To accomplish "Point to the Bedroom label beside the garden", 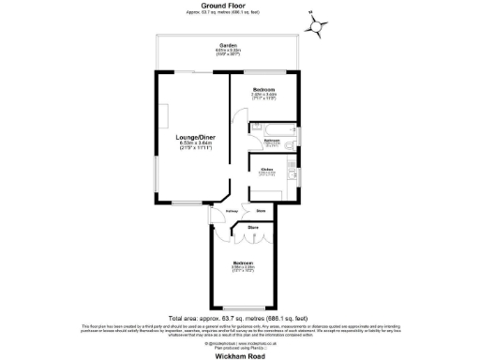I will (x=263, y=89).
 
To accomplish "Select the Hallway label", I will (x=232, y=211).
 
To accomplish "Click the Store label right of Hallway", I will (x=260, y=211).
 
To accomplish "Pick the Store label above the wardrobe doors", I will (x=253, y=228).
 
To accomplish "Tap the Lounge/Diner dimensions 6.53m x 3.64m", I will (x=193, y=143).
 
